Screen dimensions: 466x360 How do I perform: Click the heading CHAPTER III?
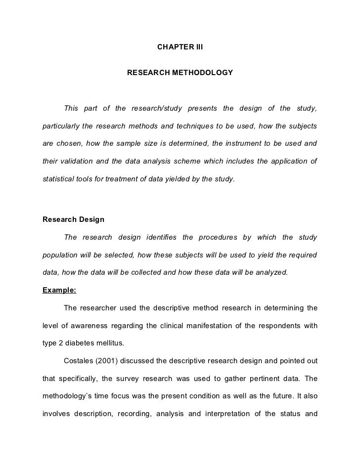point(180,47)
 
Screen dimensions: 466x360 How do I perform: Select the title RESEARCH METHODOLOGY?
point(180,73)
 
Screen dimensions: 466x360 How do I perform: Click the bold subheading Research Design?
point(73,219)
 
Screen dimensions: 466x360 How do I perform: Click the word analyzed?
point(270,272)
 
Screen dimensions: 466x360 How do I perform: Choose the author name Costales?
point(80,361)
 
